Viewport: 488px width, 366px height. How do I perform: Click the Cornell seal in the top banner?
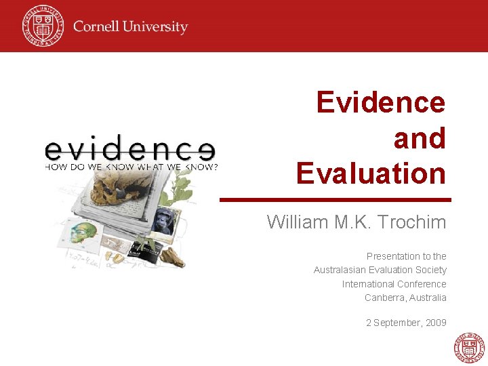42,25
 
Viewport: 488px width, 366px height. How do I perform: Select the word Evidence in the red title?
381,102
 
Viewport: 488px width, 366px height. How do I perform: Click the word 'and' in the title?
420,138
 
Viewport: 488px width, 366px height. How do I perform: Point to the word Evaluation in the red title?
371,174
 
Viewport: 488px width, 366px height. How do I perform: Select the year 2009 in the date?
436,323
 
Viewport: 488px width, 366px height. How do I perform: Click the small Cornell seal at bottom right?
469,348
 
